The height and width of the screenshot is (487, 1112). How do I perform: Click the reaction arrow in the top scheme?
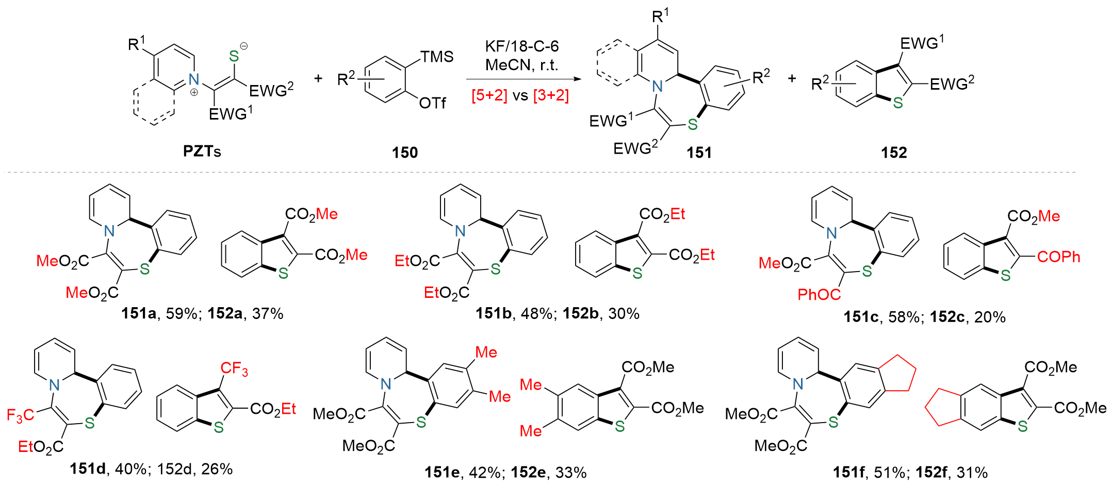521,79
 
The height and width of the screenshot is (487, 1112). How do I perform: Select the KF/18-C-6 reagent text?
521,46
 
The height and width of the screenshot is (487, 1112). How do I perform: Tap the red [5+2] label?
489,95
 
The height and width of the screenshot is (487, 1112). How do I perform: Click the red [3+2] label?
551,95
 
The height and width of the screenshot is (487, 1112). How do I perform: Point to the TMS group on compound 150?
437,57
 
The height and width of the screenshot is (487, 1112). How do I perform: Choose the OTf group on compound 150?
432,103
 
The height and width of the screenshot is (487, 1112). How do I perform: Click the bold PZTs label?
202,151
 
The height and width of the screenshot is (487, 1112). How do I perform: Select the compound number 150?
405,152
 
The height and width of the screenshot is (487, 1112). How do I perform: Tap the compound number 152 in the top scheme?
894,152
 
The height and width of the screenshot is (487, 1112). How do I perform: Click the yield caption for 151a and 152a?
202,313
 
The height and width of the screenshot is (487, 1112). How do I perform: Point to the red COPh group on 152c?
1058,257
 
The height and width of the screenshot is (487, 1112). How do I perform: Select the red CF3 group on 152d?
234,368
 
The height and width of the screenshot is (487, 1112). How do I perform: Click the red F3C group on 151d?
20,415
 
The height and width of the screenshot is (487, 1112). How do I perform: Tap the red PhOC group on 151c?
819,294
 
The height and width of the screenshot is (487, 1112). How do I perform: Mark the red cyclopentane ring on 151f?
897,374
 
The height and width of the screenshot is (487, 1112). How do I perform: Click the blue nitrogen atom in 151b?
461,231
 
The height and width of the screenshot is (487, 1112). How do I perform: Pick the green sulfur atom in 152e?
620,426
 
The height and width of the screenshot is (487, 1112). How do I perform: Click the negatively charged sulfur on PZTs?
235,56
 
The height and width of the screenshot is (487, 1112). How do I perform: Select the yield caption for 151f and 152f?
910,472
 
